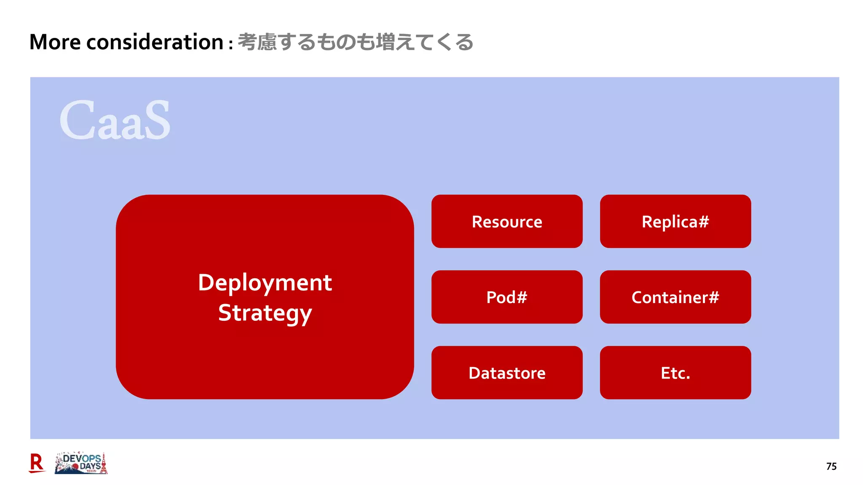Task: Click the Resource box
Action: click(x=507, y=221)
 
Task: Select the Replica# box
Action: click(x=675, y=221)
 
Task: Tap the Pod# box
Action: click(x=507, y=297)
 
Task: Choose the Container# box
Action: click(x=675, y=297)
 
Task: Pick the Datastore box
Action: click(x=507, y=373)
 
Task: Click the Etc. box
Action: click(x=675, y=373)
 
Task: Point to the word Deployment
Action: click(x=265, y=283)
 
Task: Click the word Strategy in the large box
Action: click(x=265, y=313)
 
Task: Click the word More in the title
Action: click(x=55, y=42)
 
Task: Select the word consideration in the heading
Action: click(x=155, y=42)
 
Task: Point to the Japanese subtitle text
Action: click(x=355, y=42)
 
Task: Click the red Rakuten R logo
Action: click(x=37, y=463)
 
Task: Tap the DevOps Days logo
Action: click(x=81, y=463)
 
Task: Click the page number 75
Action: click(x=831, y=466)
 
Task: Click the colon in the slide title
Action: click(x=231, y=44)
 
